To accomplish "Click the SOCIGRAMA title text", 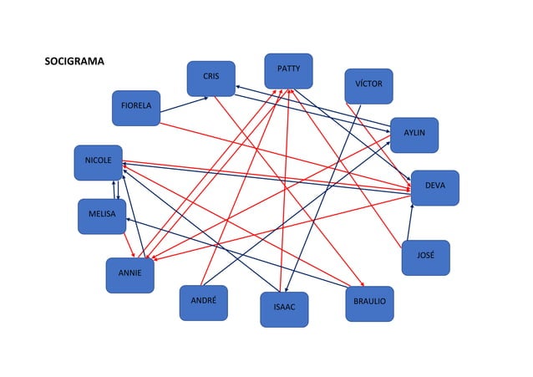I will click(74, 62).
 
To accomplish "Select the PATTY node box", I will click(288, 70).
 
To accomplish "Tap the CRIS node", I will click(211, 78).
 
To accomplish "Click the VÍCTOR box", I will click(368, 86).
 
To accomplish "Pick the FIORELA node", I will click(136, 108).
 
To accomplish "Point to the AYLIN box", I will click(414, 135).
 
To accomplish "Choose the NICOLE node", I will click(98, 162).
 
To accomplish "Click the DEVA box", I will click(434, 186).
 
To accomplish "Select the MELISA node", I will click(102, 217).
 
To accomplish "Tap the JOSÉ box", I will click(425, 257).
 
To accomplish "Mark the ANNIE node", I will click(129, 275).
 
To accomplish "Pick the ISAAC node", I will click(284, 309).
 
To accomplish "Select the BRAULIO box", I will click(368, 303).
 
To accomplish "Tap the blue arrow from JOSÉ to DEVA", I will click(410, 223).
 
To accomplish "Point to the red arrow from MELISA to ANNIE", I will click(129, 243).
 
